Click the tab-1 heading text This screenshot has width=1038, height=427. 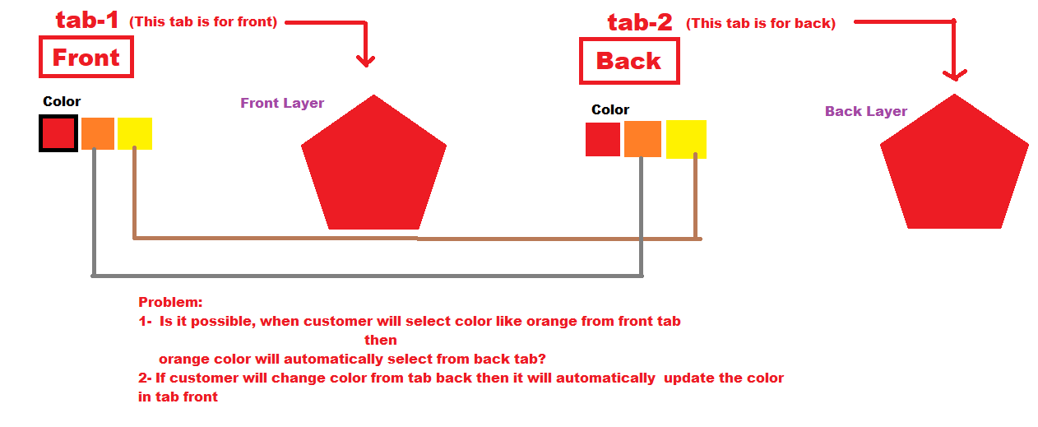pyautogui.click(x=87, y=20)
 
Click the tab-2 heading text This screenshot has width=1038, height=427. pyautogui.click(x=640, y=22)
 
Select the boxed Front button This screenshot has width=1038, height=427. pyautogui.click(x=86, y=57)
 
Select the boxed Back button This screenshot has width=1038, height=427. pyautogui.click(x=629, y=61)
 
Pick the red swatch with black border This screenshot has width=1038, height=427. pyautogui.click(x=58, y=133)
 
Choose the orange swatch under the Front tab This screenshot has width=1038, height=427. pyautogui.click(x=98, y=133)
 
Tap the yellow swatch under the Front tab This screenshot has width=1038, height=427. pyautogui.click(x=135, y=133)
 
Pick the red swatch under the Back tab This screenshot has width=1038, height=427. pyautogui.click(x=603, y=139)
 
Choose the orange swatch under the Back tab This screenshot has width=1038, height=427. pyautogui.click(x=642, y=139)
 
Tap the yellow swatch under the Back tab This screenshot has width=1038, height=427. pyautogui.click(x=686, y=139)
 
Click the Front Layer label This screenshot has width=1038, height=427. pyautogui.click(x=282, y=103)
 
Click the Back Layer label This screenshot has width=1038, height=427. pyautogui.click(x=866, y=111)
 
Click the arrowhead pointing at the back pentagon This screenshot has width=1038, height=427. pyautogui.click(x=955, y=76)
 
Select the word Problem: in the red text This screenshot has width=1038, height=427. pyautogui.click(x=170, y=302)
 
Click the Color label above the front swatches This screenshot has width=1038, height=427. pyautogui.click(x=62, y=101)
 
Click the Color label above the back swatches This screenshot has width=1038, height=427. pyautogui.click(x=610, y=110)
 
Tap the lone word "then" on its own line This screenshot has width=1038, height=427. pyautogui.click(x=381, y=340)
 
